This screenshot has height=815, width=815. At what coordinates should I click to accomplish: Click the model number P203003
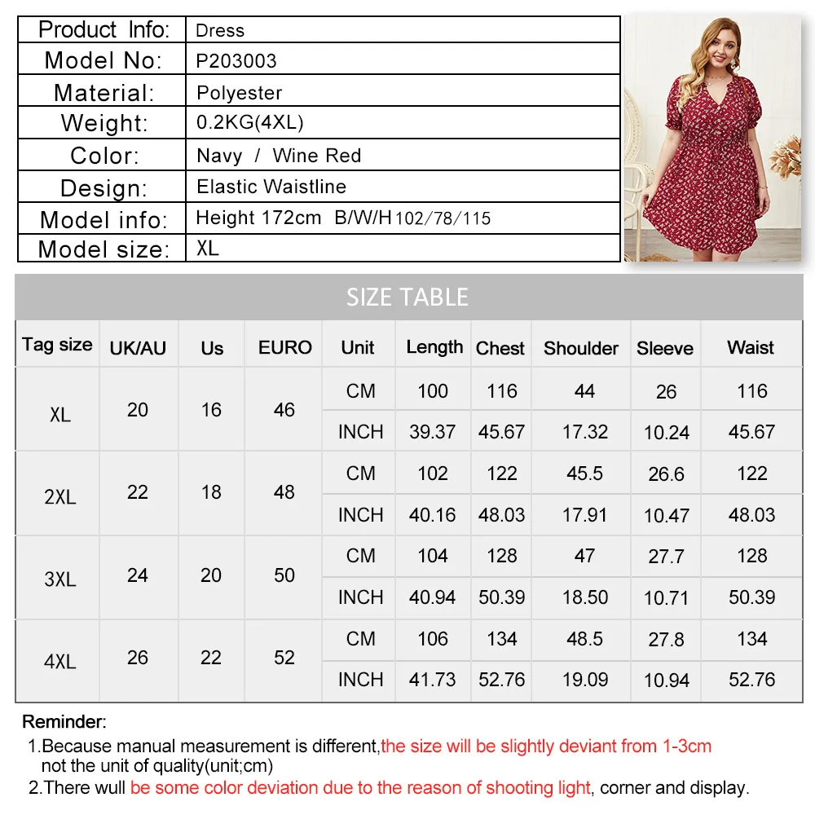click(236, 61)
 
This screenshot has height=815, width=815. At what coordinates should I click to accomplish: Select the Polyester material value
click(240, 93)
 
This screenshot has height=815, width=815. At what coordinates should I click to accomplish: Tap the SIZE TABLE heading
click(407, 297)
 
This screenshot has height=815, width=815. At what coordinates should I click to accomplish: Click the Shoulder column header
click(580, 349)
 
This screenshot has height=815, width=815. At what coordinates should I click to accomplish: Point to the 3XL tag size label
click(59, 579)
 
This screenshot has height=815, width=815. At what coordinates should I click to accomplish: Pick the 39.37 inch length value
click(432, 432)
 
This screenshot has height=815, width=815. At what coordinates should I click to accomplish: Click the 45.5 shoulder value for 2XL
click(584, 474)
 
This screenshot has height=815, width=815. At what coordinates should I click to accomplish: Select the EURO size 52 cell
click(284, 658)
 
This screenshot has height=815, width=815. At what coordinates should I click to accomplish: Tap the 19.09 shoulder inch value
click(584, 680)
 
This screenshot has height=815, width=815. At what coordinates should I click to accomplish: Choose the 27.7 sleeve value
click(666, 557)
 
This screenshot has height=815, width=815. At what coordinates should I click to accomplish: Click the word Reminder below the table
click(64, 721)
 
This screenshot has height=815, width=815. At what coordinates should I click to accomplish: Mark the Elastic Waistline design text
click(271, 187)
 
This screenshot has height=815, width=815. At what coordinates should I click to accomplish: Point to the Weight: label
click(104, 124)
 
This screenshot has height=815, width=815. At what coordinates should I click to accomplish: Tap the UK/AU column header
click(138, 349)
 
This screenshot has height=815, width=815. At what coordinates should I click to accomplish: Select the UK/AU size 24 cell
click(138, 575)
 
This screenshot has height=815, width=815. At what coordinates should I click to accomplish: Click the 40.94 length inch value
click(432, 597)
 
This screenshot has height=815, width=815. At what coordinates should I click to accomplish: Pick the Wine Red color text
click(317, 156)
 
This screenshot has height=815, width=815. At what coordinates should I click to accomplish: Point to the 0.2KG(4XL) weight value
click(250, 123)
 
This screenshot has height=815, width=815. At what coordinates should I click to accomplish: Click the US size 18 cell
click(211, 492)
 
